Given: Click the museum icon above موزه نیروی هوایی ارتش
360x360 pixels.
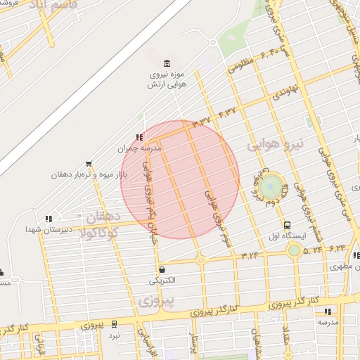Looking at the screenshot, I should [x=166, y=64].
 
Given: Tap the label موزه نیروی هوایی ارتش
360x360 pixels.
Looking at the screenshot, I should [x=167, y=79].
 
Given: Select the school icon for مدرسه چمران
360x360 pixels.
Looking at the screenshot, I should [x=139, y=137].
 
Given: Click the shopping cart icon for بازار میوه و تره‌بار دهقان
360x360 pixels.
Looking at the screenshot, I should [x=88, y=163].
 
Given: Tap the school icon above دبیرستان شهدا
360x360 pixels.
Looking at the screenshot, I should [x=48, y=219].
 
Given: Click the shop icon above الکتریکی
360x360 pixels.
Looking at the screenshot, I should [x=162, y=269].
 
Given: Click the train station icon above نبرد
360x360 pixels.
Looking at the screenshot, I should [x=113, y=326].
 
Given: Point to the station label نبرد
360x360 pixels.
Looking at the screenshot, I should [x=113, y=336].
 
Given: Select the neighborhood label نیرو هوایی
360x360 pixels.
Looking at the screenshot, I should [x=277, y=144].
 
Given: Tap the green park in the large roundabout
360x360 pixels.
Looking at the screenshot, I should [x=270, y=187].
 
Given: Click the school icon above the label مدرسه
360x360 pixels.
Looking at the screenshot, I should [x=328, y=311].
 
